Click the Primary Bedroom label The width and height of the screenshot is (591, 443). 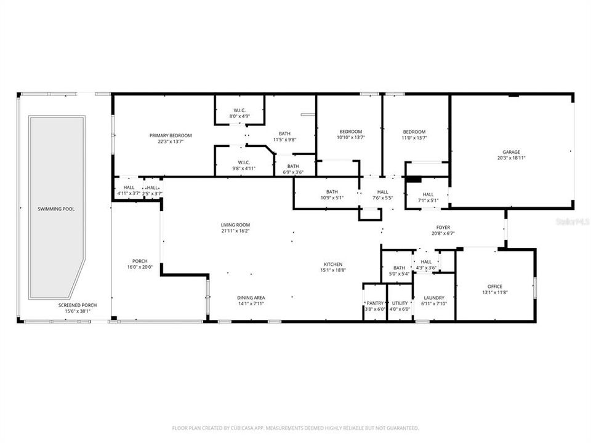[171, 135]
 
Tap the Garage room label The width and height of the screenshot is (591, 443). [511, 152]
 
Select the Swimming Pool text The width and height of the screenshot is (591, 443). [56, 209]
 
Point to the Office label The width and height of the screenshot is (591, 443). [495, 287]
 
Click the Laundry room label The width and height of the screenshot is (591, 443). [433, 298]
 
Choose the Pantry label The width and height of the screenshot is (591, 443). [375, 303]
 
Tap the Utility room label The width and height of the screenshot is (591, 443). [400, 303]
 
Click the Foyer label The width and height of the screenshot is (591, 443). [443, 227]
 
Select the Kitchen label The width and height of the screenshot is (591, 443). [333, 264]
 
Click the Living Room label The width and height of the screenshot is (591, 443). [235, 225]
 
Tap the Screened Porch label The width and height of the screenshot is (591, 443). [77, 305]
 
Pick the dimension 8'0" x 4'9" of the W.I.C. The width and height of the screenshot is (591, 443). [239, 116]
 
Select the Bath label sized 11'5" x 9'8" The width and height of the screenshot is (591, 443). [284, 134]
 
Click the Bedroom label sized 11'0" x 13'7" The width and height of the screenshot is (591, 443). [414, 132]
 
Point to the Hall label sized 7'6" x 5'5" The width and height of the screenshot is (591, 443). [383, 192]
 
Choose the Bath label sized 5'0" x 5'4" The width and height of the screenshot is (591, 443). [399, 268]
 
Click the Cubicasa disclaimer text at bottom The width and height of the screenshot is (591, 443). [295, 427]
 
